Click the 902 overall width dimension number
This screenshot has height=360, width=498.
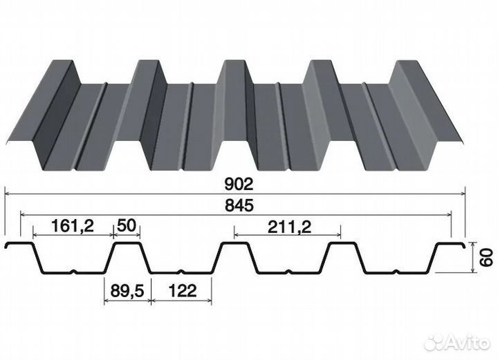point(239,184)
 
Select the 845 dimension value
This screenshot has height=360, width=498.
point(239,205)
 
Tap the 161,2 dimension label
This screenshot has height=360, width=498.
point(73,226)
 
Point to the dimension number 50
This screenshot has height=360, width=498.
point(127,225)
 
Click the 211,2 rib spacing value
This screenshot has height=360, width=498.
point(289,227)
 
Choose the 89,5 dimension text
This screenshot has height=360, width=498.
point(127,290)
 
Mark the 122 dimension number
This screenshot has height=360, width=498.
point(183,290)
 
